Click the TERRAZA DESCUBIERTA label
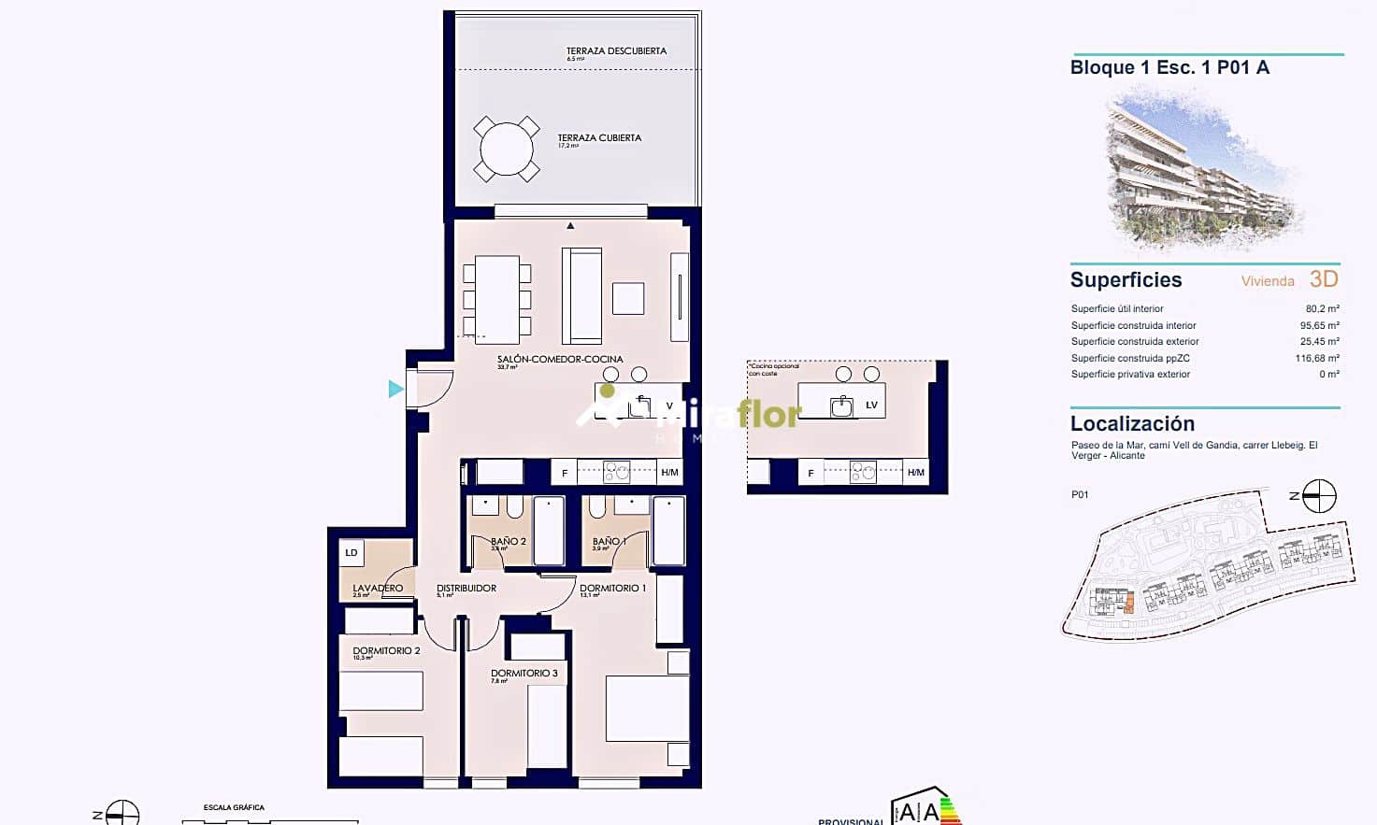(x=616, y=51)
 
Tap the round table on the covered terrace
(x=506, y=149)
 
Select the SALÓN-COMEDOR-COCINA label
(x=559, y=359)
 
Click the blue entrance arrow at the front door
(x=396, y=389)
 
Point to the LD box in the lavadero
(x=351, y=553)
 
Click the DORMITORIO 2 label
(x=386, y=651)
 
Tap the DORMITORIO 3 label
(x=524, y=673)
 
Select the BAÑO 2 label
(x=508, y=541)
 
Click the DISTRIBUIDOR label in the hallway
(x=466, y=589)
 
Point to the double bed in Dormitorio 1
(x=647, y=708)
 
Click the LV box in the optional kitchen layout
(x=871, y=405)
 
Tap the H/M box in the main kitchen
(x=669, y=473)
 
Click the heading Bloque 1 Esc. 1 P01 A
(x=1169, y=67)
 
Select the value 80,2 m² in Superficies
(x=1322, y=308)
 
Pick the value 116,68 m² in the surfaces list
(x=1316, y=358)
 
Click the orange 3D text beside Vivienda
(x=1324, y=278)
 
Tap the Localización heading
(x=1132, y=423)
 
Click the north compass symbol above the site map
(x=1319, y=496)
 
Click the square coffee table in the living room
(x=628, y=298)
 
